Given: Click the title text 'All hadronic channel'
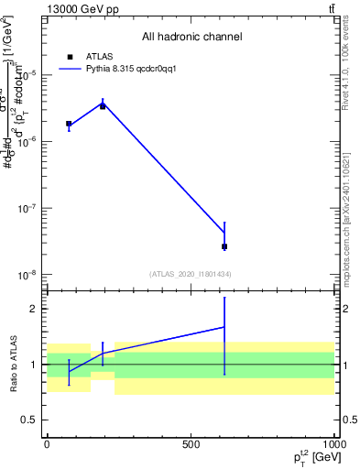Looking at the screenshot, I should pos(191,38).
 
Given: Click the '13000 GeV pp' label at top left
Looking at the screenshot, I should pos(80,8).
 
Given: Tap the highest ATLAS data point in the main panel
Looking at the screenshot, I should pos(103,106).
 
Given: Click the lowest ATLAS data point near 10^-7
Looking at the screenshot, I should pos(224,246).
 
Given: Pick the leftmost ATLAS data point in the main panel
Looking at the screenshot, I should pos(69,124).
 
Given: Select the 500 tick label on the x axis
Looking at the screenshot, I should pos(191,443).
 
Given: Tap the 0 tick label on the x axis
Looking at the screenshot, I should pos(47,443).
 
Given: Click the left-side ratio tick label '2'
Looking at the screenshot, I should pos(34,310).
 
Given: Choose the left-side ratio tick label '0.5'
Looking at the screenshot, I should pos(29,420).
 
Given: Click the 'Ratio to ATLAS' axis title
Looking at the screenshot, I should pos(12,365).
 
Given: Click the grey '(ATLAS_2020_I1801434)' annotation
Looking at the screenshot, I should pos(191,274).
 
